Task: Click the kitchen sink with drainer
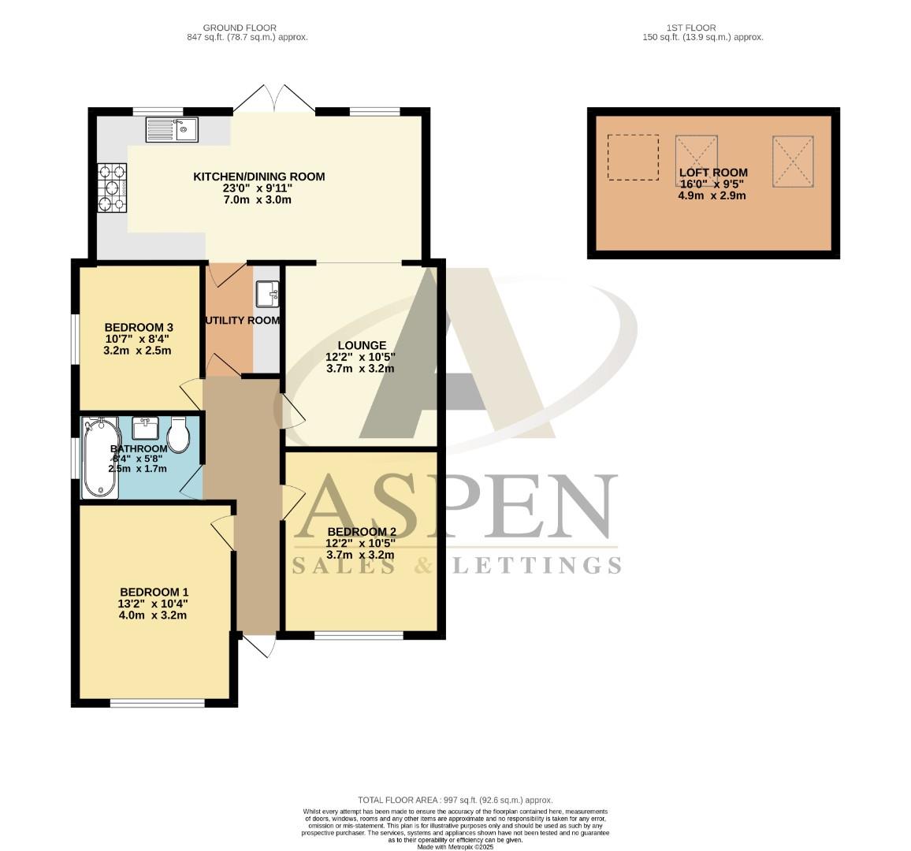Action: coord(172,129)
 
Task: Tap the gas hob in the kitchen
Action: coord(112,188)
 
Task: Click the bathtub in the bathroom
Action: coord(101,459)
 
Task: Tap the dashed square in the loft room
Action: coord(633,157)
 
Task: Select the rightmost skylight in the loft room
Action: coord(793,162)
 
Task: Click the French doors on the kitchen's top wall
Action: coord(274,101)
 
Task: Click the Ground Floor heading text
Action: coord(229,28)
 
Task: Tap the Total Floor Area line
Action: coord(455,800)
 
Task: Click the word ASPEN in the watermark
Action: coord(455,508)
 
